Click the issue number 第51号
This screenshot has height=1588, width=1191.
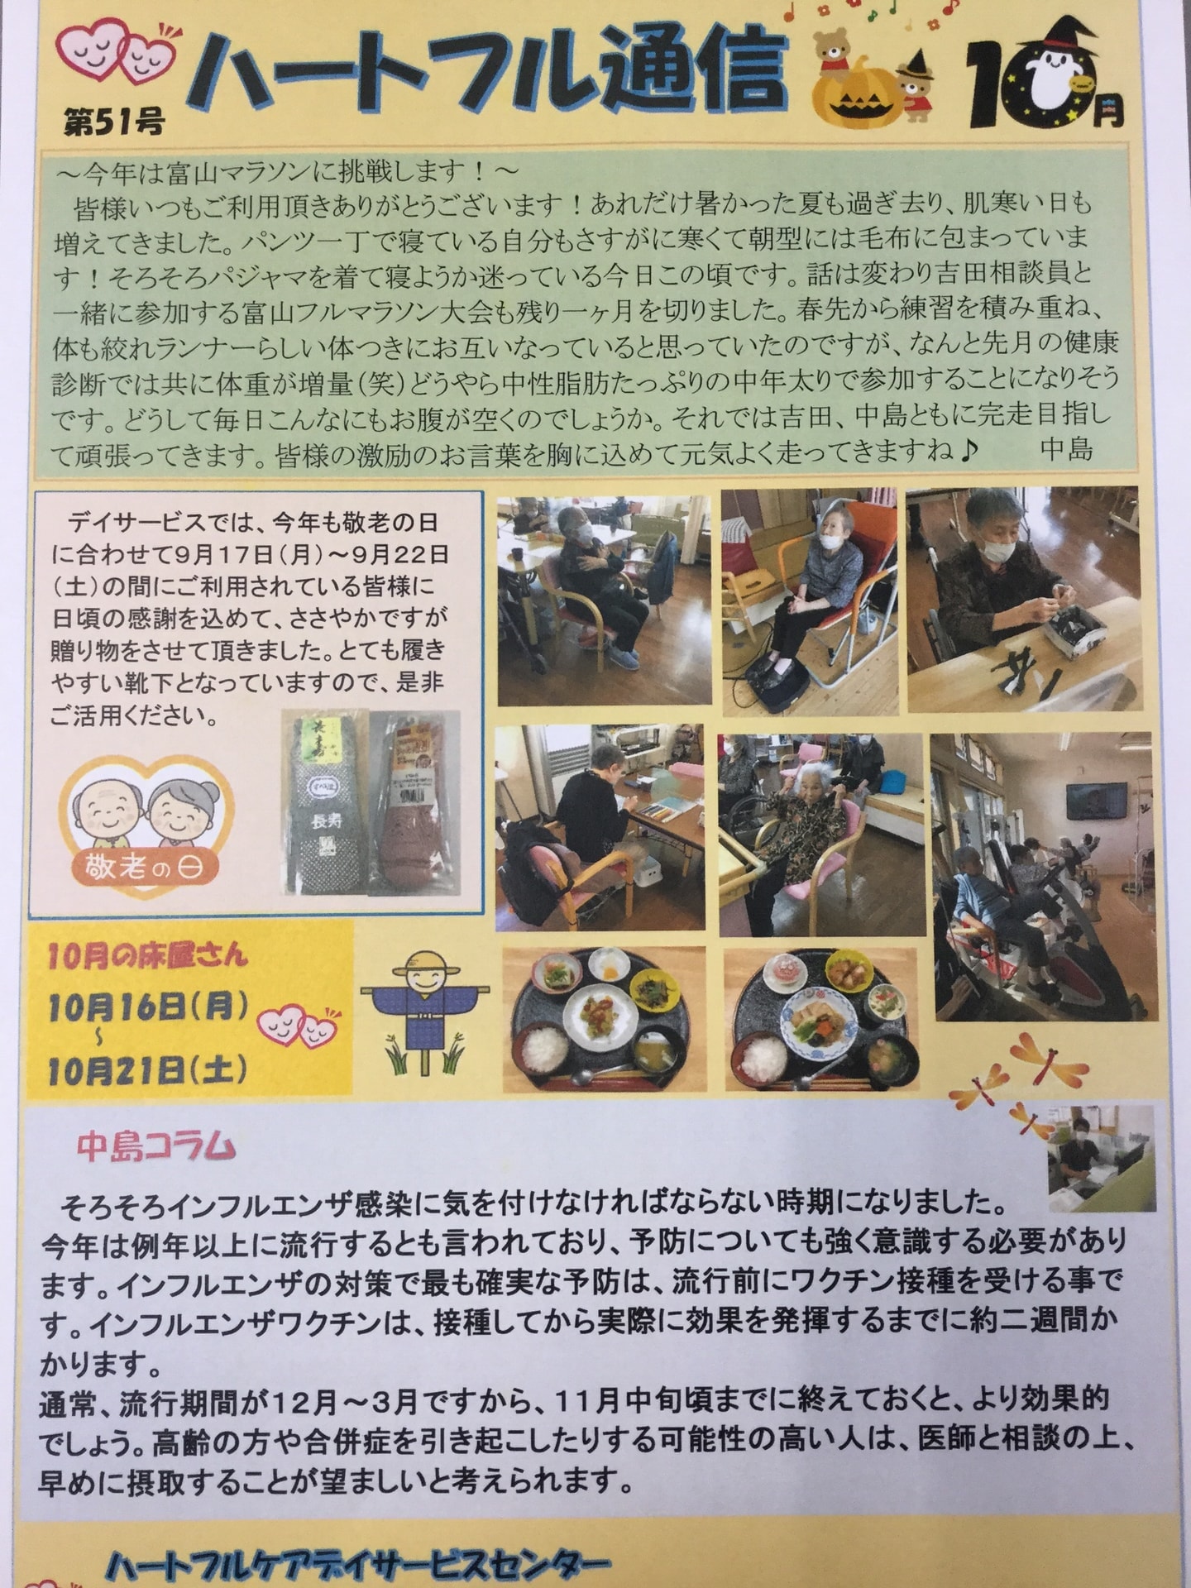(113, 122)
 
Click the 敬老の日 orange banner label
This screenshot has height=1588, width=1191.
(146, 868)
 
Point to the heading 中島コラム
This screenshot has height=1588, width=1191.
(156, 1147)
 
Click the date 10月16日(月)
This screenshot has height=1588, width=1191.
(148, 1007)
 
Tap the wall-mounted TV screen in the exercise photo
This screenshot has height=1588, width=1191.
(1096, 801)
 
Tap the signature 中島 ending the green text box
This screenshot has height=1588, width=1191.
(1067, 449)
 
